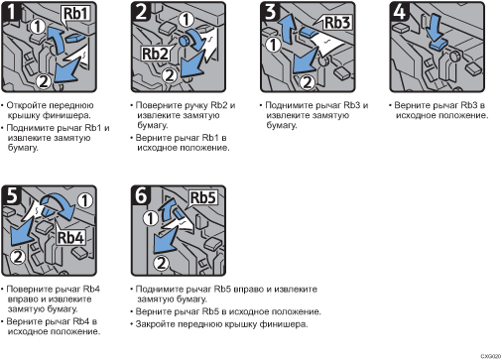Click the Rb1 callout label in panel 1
[x=76, y=14]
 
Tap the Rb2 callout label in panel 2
[x=155, y=54]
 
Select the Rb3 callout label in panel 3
[x=337, y=23]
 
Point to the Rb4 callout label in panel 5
[x=70, y=238]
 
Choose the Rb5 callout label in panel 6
[x=203, y=197]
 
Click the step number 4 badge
[x=400, y=12]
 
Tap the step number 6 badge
[x=141, y=195]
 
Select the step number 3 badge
[x=271, y=12]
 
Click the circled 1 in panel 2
[x=187, y=20]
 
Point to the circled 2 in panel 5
[x=18, y=257]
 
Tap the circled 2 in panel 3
[x=308, y=82]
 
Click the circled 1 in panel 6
[x=151, y=218]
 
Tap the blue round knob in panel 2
[x=184, y=41]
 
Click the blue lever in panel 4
[x=439, y=45]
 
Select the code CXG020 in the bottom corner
[x=491, y=356]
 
